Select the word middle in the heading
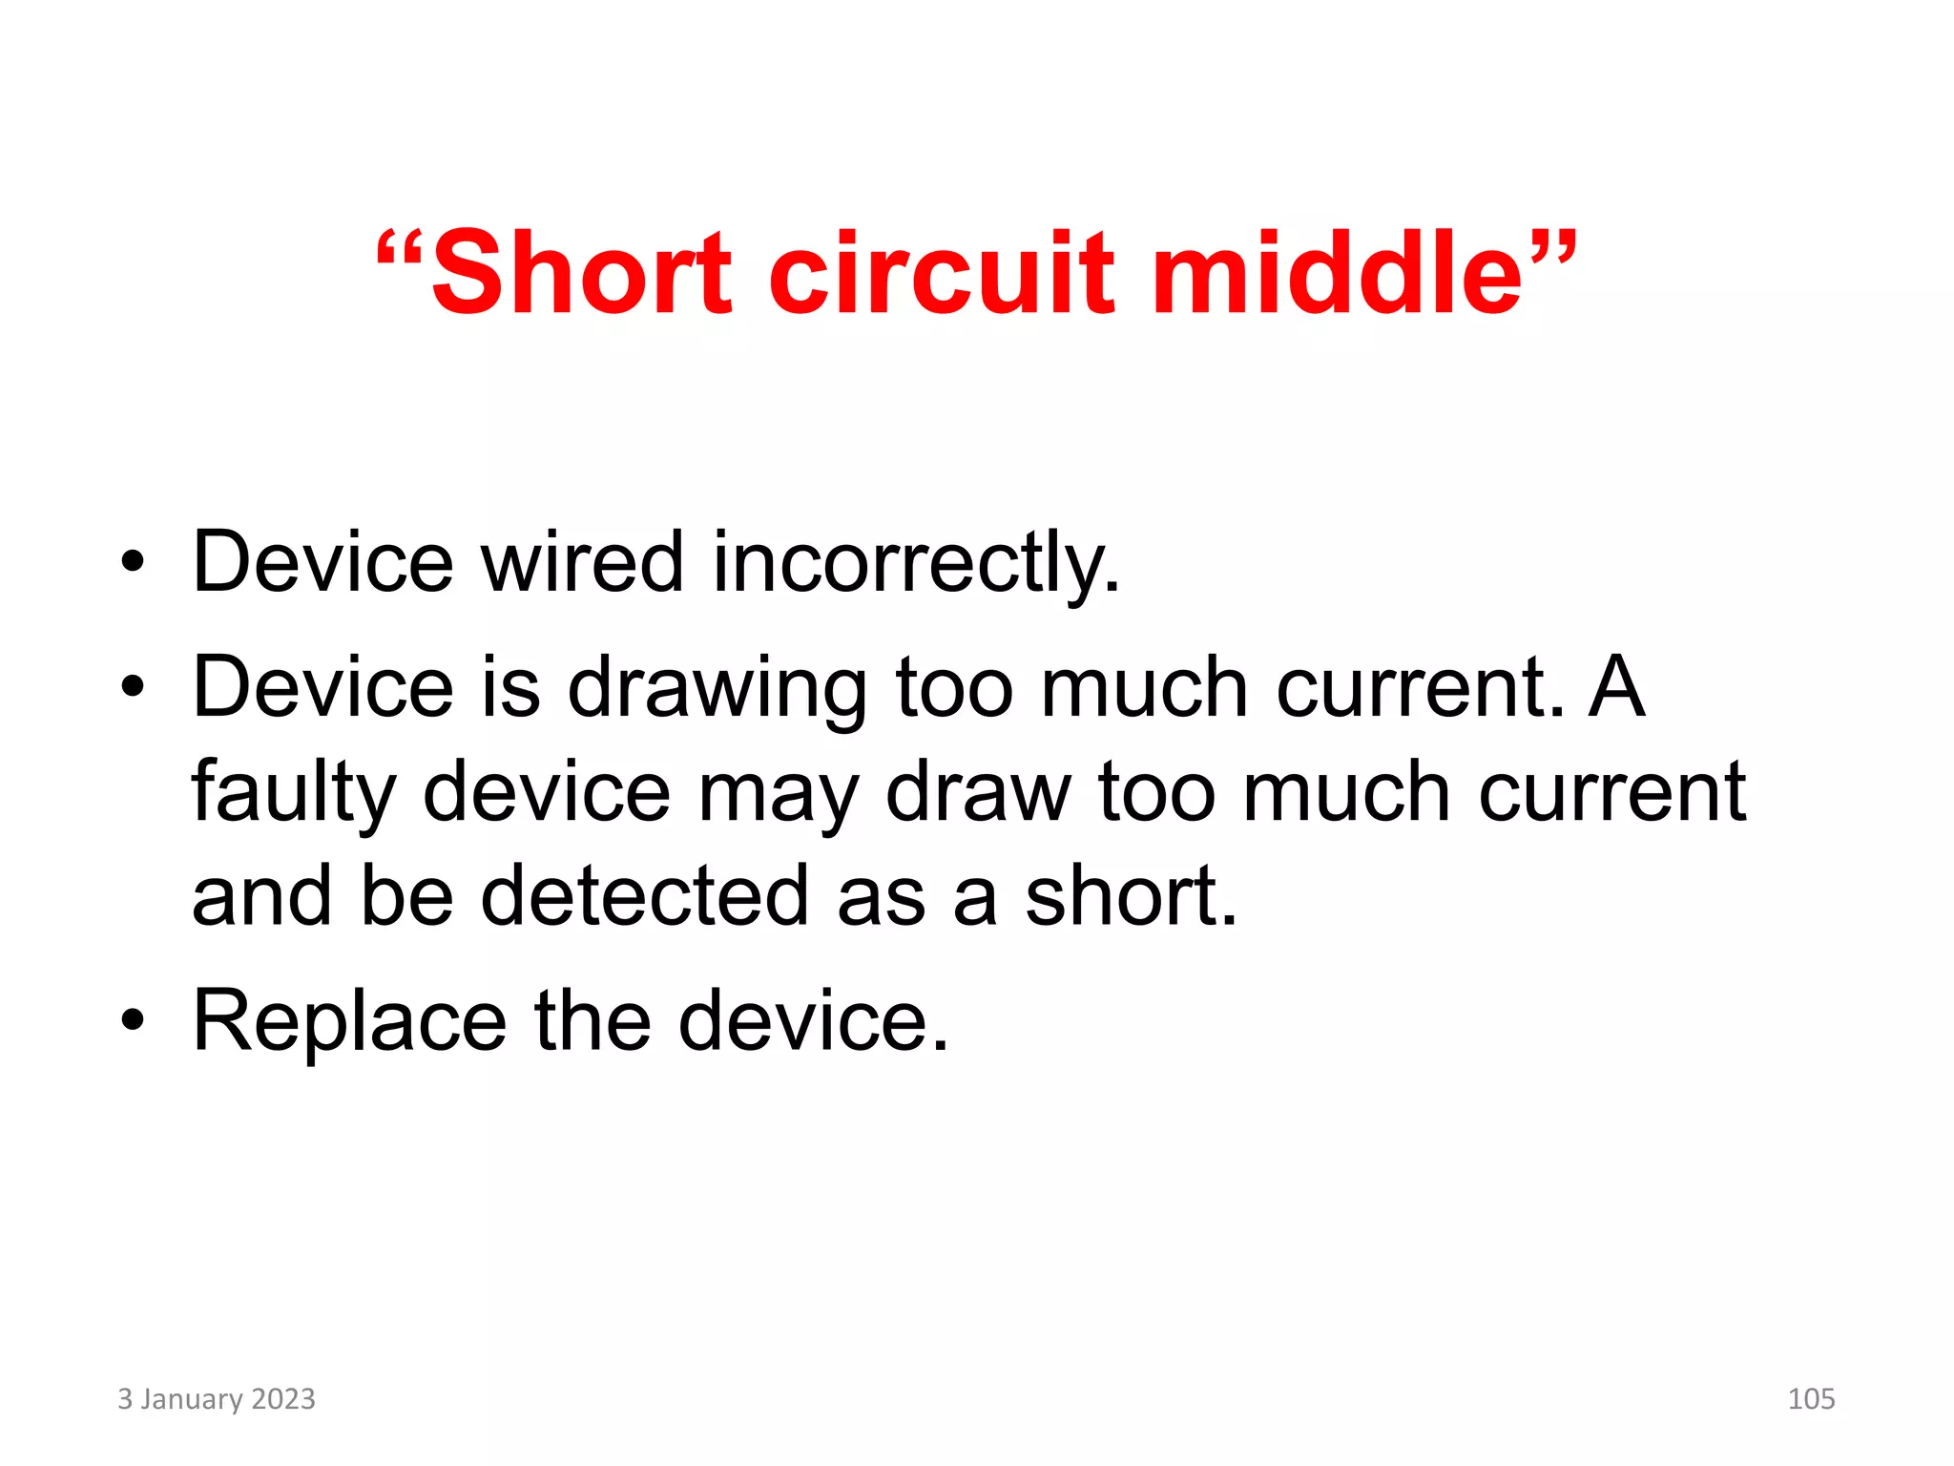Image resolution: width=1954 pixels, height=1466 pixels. tap(1337, 274)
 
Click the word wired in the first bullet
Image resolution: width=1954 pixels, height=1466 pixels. tap(582, 562)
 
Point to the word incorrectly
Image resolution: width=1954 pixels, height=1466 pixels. tap(915, 564)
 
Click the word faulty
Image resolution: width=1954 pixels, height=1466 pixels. tap(293, 793)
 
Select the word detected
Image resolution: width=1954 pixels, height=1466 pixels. tap(644, 896)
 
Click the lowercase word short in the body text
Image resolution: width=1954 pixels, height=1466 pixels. tap(1131, 896)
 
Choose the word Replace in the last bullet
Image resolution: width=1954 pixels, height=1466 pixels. tap(349, 1022)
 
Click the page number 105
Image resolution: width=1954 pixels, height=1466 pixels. tap(1811, 1399)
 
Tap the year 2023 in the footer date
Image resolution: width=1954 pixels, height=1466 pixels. tap(282, 1399)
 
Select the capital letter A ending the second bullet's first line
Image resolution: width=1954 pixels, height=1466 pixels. tap(1616, 687)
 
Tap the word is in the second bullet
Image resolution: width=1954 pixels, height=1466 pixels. tap(511, 687)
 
